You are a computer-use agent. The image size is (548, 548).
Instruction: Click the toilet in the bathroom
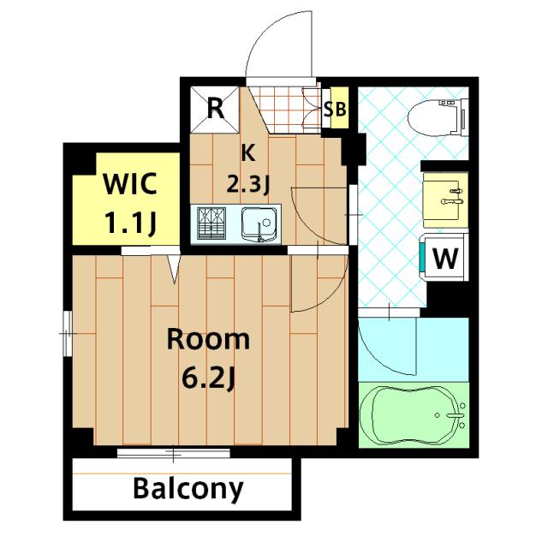438,116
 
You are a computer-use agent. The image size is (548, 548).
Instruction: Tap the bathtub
414,414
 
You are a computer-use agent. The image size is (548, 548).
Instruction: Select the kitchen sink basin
260,224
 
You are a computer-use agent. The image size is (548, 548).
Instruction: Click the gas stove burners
211,223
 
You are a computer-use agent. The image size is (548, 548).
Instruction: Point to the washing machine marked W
444,257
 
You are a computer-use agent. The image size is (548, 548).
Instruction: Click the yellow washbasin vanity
445,200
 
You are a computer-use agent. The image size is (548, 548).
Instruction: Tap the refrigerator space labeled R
215,110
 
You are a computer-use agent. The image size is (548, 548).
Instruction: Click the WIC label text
130,183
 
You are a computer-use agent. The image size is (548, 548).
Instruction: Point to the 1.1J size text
130,223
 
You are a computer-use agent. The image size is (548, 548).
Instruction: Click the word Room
208,339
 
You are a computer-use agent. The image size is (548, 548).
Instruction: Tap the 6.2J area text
208,378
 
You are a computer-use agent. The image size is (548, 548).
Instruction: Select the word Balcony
188,489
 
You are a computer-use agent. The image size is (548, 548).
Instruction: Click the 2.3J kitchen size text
247,184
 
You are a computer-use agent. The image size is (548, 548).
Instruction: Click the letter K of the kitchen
248,152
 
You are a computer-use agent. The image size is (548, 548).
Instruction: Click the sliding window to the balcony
173,453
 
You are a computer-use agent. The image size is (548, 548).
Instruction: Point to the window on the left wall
68,333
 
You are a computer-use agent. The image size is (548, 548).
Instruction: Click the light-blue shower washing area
414,349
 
